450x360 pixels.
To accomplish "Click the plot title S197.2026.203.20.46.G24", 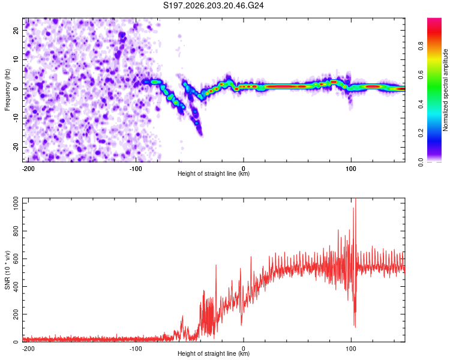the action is [213, 5].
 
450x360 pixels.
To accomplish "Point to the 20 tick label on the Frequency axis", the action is [16, 30].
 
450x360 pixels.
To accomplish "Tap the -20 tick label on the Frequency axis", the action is [16, 147].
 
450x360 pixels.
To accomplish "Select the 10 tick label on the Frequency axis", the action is [16, 59].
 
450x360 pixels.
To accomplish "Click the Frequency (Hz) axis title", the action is [7, 89].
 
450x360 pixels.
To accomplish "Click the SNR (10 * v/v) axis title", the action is [7, 270].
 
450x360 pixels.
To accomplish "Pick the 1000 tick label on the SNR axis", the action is [16, 203].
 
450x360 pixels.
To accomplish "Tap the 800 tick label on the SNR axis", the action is [16, 231].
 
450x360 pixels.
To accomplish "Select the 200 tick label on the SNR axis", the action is [16, 314].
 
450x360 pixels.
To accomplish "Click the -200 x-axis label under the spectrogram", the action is [28, 169].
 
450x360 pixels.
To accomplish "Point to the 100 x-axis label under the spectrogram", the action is [351, 169].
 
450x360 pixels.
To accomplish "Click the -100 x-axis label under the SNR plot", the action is [136, 349].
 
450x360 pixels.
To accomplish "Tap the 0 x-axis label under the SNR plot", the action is [244, 349].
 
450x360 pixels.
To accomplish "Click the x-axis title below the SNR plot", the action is [214, 353].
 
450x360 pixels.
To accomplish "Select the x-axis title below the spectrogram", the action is [214, 173].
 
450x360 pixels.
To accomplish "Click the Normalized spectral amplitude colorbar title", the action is [445, 89].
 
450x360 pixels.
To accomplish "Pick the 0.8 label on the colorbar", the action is [421, 46].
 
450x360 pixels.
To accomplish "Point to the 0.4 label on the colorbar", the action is [421, 104].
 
